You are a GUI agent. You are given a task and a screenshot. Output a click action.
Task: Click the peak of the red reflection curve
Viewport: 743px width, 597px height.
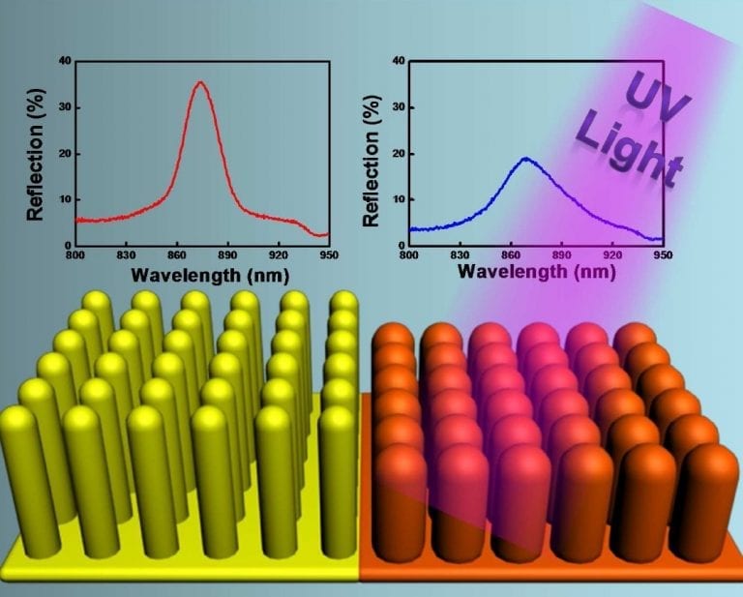[x=200, y=83]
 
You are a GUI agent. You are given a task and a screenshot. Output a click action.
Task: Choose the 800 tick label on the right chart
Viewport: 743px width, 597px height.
[x=408, y=258]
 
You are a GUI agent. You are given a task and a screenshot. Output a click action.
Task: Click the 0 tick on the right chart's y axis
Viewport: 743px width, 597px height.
[x=400, y=245]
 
